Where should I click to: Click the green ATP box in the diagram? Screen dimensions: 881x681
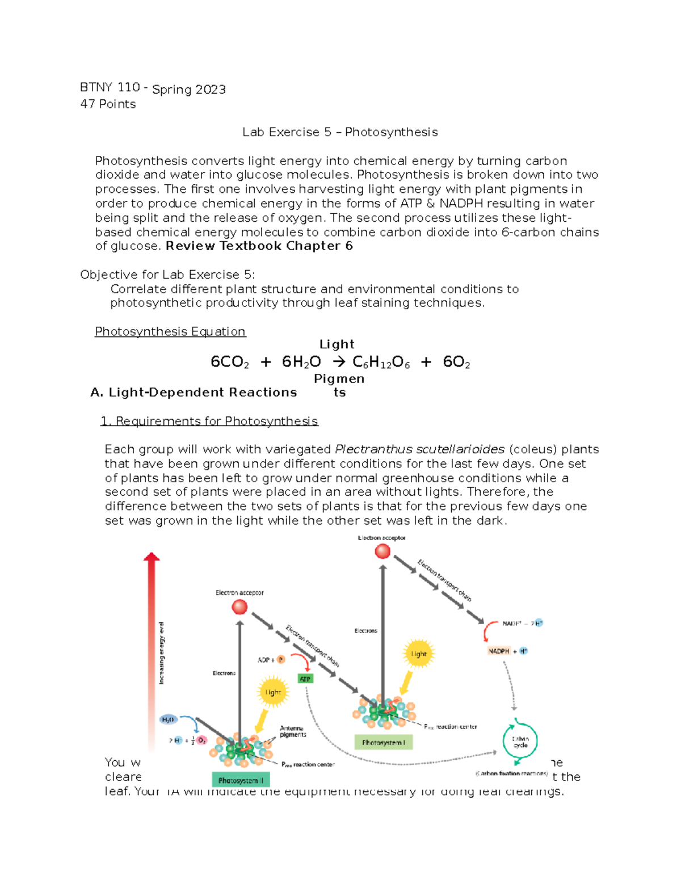[305, 679]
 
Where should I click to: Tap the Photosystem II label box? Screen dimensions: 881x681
[241, 781]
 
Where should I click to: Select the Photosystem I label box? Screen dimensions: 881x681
[384, 742]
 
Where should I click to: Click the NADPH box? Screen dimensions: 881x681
[499, 651]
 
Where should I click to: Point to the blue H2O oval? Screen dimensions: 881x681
[169, 719]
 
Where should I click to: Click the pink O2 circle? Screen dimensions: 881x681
[201, 740]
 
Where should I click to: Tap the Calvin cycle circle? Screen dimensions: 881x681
[520, 741]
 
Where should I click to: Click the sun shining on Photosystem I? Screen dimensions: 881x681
[418, 654]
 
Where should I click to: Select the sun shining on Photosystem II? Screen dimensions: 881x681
[273, 692]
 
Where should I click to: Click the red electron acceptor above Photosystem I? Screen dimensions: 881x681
[382, 551]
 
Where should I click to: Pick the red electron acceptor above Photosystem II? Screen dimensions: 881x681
[239, 607]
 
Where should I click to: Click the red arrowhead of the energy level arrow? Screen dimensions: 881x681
[152, 557]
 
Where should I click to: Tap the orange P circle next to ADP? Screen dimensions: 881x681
[281, 660]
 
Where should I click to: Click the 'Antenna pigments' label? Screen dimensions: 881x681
[292, 731]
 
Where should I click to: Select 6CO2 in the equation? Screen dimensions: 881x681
[229, 362]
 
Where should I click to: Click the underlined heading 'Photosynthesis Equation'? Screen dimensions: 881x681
[170, 331]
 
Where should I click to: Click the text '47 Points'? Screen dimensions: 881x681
[108, 104]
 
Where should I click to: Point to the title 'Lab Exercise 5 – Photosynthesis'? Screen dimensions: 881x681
[340, 132]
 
